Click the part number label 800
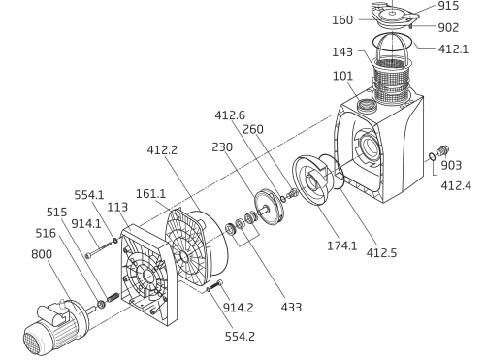(x=42, y=254)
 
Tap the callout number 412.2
(x=162, y=150)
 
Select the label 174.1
(x=342, y=245)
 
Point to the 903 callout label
(x=451, y=165)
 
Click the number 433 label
(x=291, y=307)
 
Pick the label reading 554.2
(x=240, y=337)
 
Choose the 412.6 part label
(x=230, y=115)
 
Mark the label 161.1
(x=150, y=194)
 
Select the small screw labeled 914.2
(x=215, y=285)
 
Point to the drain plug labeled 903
(x=442, y=150)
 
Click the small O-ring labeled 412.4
(x=432, y=157)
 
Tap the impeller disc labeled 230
(x=269, y=208)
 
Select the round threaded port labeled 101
(x=367, y=105)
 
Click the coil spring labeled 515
(x=113, y=297)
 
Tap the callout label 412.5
(x=381, y=253)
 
